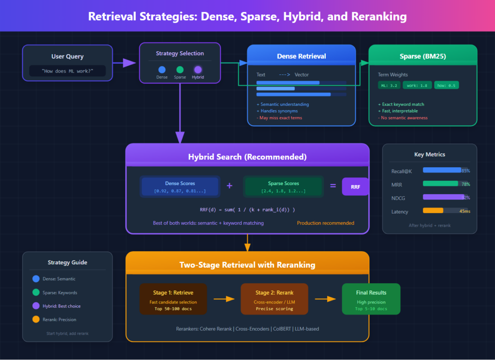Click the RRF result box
tap(355, 187)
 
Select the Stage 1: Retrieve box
tap(173, 299)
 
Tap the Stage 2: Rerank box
tap(274, 299)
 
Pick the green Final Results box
tap(371, 299)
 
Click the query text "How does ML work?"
tap(67, 71)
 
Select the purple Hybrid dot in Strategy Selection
tap(198, 70)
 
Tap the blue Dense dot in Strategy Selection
tap(162, 70)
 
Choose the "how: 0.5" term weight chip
tap(446, 85)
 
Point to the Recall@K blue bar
tap(442, 170)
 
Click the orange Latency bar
tap(433, 210)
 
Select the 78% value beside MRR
tap(466, 184)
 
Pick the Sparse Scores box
tap(283, 187)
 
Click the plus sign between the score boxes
tap(229, 186)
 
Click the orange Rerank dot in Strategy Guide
tap(36, 319)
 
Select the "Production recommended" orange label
tap(325, 223)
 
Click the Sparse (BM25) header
tap(422, 56)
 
